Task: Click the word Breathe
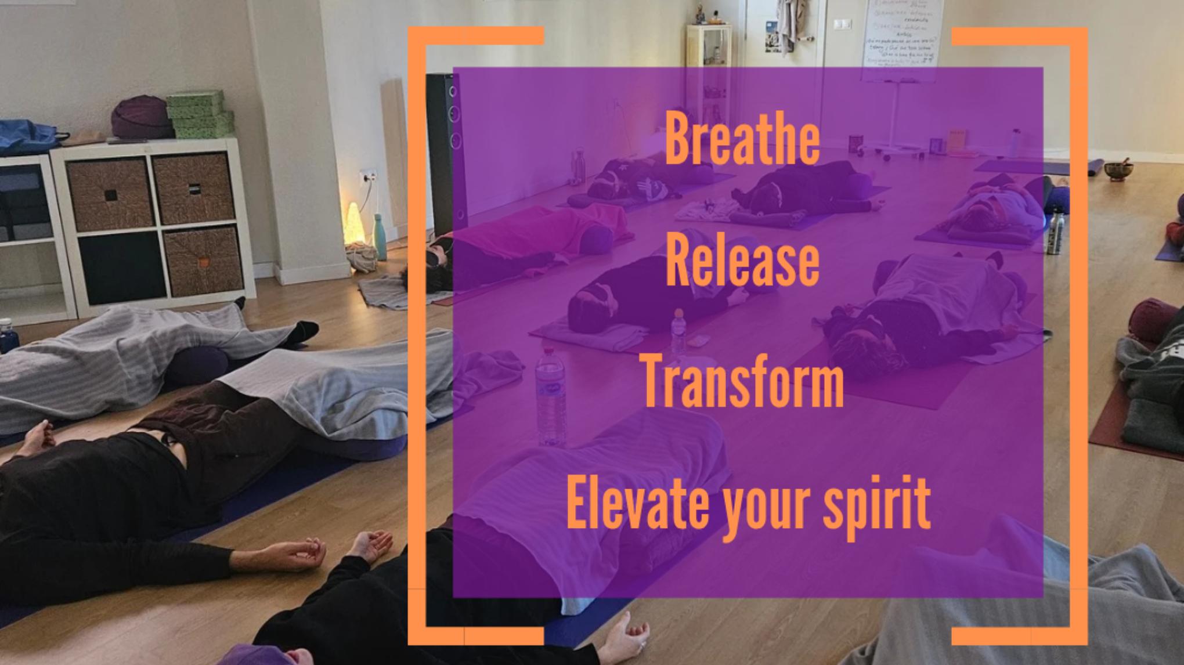[742, 139]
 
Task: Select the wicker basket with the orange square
[203, 261]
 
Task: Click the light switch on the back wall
[840, 24]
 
